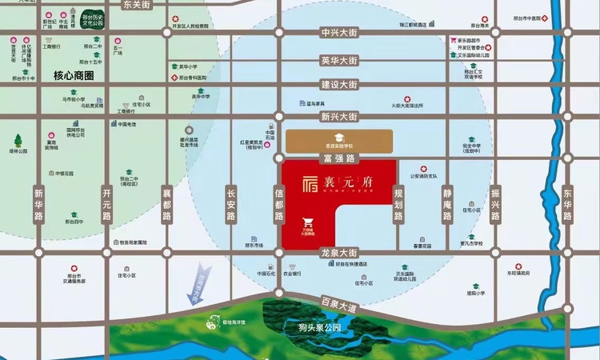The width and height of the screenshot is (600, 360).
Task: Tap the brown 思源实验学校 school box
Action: pos(338,141)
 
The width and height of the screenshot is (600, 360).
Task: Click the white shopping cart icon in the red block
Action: pos(308,222)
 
